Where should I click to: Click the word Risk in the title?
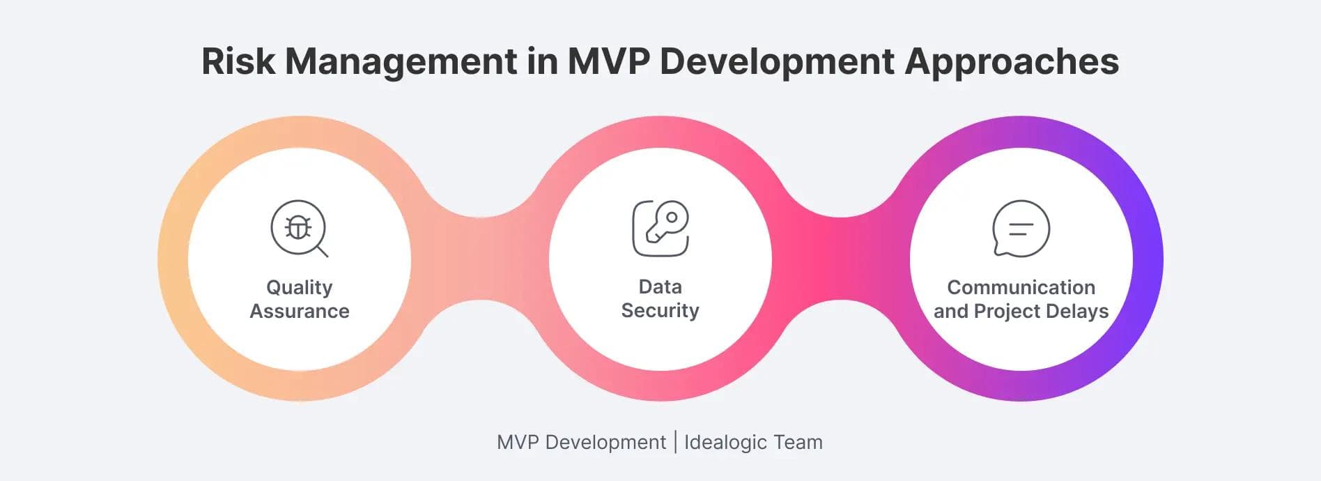[238, 61]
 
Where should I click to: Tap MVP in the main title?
[608, 61]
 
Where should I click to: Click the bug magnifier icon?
[299, 229]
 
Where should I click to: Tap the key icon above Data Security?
[660, 229]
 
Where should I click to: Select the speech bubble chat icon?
[1021, 229]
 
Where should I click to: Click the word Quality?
[300, 288]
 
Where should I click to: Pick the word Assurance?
[300, 311]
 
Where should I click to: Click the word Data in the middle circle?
[660, 287]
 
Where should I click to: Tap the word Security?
[660, 311]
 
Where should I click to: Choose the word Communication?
[1021, 287]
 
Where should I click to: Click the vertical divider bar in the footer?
[675, 442]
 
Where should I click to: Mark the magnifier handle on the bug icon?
[323, 252]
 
